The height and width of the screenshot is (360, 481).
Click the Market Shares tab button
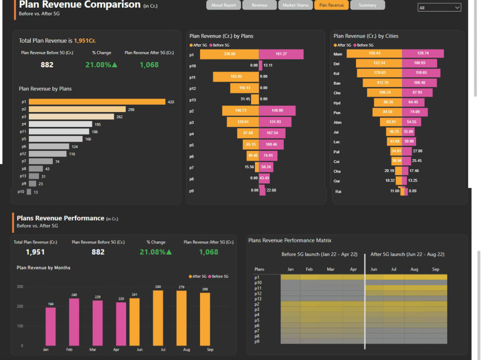[x=295, y=5]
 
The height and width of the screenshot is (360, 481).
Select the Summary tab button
[x=367, y=5]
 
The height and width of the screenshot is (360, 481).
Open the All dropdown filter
[x=439, y=8]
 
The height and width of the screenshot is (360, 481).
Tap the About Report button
[x=224, y=5]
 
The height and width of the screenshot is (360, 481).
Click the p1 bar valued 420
[x=97, y=102]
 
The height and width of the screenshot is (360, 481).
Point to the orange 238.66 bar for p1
[x=229, y=54]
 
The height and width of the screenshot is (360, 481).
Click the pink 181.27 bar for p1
[x=281, y=54]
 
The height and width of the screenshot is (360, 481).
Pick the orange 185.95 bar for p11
[x=236, y=76]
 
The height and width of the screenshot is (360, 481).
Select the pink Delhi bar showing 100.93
[x=419, y=63]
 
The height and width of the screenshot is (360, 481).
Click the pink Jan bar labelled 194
[x=51, y=326]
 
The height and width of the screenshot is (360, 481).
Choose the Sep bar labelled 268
[x=205, y=319]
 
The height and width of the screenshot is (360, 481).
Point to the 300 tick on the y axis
[x=20, y=287]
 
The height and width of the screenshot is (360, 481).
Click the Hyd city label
[x=337, y=103]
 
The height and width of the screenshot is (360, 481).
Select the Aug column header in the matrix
[x=414, y=270]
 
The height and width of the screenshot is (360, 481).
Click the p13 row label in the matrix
[x=258, y=298]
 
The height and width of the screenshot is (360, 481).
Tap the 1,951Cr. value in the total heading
[x=85, y=41]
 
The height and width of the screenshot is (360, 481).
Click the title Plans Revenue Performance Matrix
[x=290, y=240]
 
